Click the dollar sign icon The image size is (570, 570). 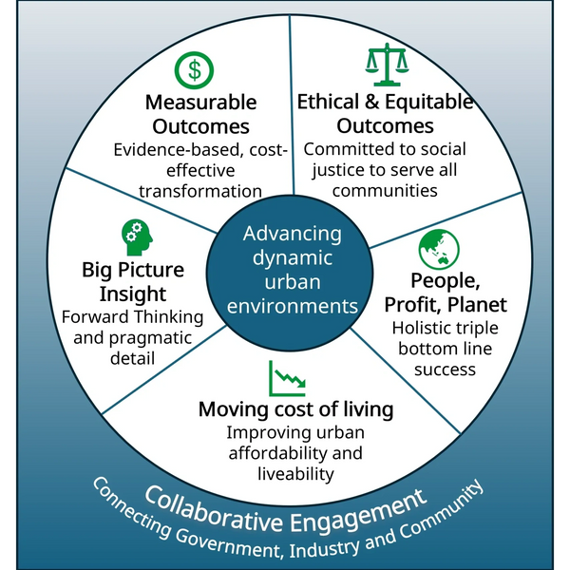coord(195,69)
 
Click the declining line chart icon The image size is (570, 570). coord(287,377)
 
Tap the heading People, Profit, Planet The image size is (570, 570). coord(446,292)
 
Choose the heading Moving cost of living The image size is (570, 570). coord(295,409)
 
